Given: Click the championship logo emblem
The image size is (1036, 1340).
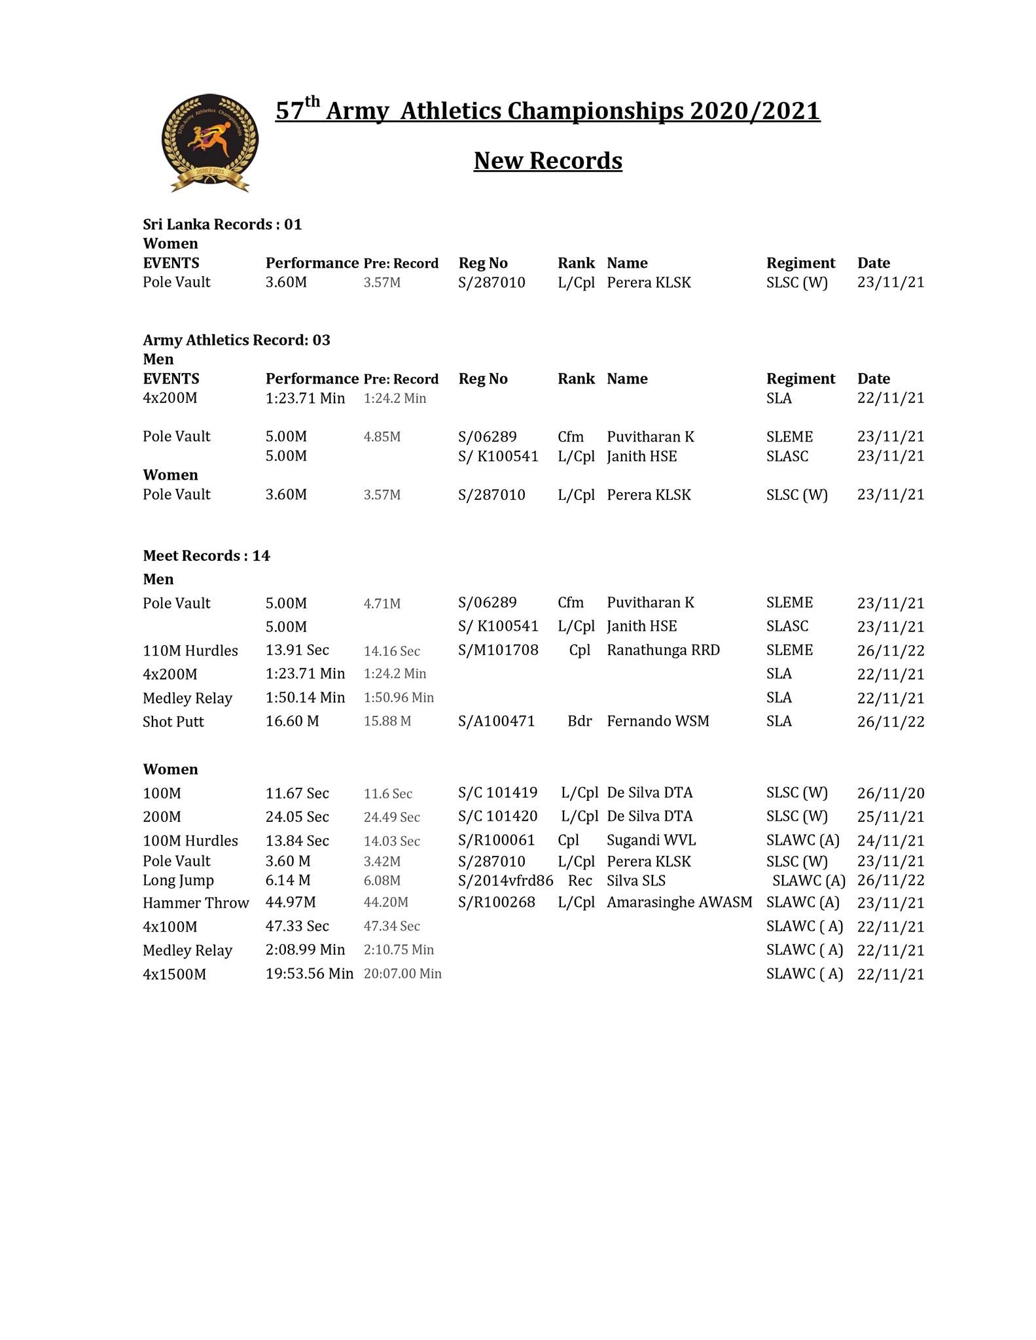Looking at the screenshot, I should pyautogui.click(x=209, y=143).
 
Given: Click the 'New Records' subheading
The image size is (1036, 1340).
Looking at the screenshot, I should pyautogui.click(x=548, y=161).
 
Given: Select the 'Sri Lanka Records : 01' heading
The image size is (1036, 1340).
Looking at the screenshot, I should pyautogui.click(x=223, y=224).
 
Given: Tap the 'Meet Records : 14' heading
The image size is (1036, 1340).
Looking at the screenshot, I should pyautogui.click(x=206, y=556).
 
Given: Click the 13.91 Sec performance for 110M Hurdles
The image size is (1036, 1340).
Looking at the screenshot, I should pyautogui.click(x=297, y=650).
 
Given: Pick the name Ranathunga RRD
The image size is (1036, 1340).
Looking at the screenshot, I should pyautogui.click(x=663, y=650).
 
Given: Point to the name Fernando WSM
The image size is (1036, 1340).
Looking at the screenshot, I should pyautogui.click(x=658, y=721).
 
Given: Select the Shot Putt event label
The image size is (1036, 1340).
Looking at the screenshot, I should pyautogui.click(x=173, y=722).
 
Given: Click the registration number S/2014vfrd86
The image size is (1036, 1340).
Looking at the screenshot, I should pyautogui.click(x=505, y=881).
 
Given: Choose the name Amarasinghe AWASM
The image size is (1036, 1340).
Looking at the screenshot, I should pyautogui.click(x=679, y=902).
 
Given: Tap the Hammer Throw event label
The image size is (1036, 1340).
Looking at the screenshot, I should pyautogui.click(x=196, y=903).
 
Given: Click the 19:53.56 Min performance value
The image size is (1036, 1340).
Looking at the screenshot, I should pyautogui.click(x=309, y=974).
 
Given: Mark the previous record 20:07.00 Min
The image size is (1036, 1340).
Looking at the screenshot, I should pyautogui.click(x=402, y=974).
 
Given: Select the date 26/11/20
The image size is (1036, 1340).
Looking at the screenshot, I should pyautogui.click(x=891, y=794).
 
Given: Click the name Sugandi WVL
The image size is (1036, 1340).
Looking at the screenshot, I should pyautogui.click(x=651, y=840).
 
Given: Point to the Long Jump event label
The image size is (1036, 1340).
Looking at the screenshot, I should pyautogui.click(x=178, y=881).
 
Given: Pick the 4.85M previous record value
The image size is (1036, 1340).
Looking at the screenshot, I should pyautogui.click(x=382, y=436).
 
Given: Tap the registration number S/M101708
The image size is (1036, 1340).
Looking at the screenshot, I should pyautogui.click(x=498, y=650).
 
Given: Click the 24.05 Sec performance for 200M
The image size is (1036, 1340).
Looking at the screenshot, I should pyautogui.click(x=297, y=817).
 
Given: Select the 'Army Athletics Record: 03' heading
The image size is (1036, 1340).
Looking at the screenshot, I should pyautogui.click(x=236, y=340).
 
